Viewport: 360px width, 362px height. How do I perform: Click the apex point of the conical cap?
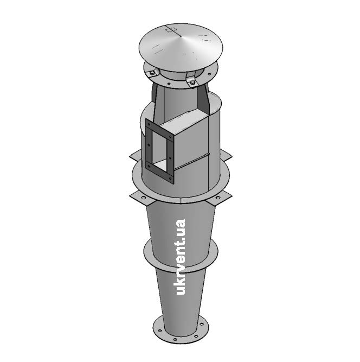coord(181,36)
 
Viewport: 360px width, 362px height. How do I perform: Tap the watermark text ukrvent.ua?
coord(181,257)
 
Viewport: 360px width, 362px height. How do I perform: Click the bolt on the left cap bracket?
coord(152,73)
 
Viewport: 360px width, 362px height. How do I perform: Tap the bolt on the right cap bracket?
coord(192,82)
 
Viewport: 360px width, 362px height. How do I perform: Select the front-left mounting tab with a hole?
coord(142,198)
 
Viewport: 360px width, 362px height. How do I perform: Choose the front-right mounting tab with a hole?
coord(218,198)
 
